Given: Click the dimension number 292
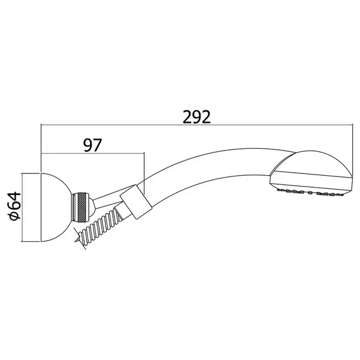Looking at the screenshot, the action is tap(197, 117).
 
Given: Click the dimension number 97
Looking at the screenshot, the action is tap(92, 145).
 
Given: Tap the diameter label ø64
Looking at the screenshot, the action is tap(14, 206).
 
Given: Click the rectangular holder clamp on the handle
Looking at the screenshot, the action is tap(136, 202).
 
